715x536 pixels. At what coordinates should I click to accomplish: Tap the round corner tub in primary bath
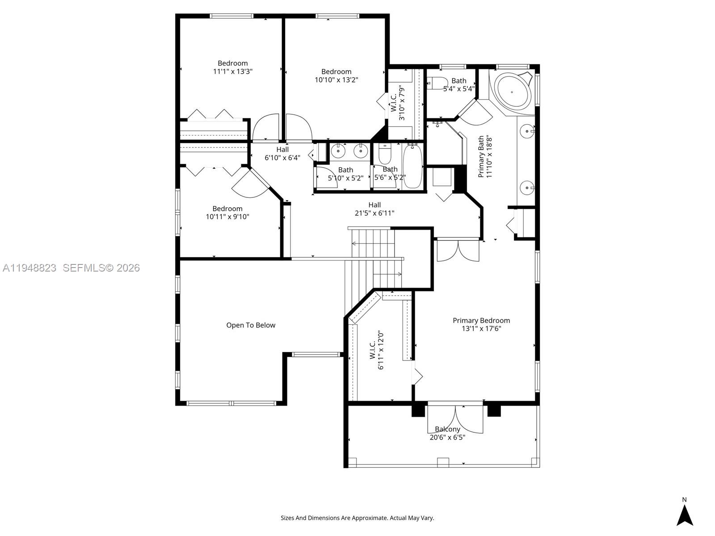click(513, 93)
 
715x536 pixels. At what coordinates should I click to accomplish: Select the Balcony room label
click(447, 429)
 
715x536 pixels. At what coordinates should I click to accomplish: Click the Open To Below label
click(251, 325)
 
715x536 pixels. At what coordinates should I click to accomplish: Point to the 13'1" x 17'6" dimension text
click(481, 329)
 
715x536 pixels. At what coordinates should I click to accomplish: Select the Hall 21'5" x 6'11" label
click(374, 209)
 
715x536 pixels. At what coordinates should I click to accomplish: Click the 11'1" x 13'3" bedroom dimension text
click(232, 71)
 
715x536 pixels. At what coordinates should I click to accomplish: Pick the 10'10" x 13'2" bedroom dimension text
click(336, 80)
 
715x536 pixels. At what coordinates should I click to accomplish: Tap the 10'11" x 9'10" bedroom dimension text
click(227, 217)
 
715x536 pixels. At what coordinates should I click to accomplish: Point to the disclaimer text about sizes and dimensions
click(357, 518)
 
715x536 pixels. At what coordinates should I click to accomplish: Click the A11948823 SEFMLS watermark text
click(71, 268)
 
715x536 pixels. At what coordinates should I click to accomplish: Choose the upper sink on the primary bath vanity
click(528, 131)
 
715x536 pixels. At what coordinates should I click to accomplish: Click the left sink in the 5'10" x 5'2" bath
click(339, 151)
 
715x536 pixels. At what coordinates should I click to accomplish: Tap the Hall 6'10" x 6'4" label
click(282, 154)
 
